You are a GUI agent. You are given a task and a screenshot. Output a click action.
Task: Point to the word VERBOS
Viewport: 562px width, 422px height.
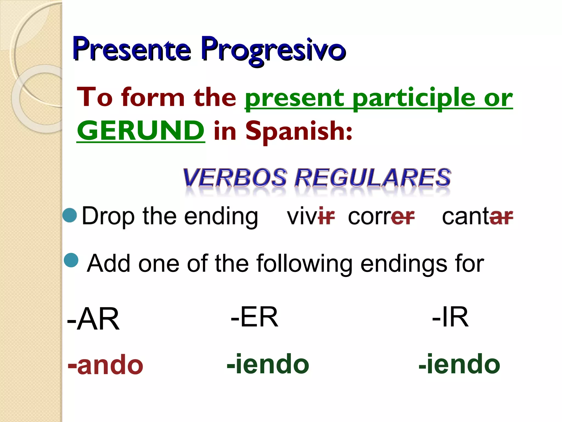tap(235, 178)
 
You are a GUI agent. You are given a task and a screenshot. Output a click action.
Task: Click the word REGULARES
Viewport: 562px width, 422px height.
tap(373, 178)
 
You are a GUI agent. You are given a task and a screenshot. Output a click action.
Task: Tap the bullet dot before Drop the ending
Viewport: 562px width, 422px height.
tap(70, 215)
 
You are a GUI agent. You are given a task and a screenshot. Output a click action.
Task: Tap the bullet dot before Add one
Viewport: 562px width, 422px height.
tap(71, 260)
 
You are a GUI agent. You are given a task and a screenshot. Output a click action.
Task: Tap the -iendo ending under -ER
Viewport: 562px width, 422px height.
tap(268, 364)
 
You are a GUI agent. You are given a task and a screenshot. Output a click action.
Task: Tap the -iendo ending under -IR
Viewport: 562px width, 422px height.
tap(459, 364)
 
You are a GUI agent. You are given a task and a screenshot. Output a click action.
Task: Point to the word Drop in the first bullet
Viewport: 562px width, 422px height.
tap(108, 216)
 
